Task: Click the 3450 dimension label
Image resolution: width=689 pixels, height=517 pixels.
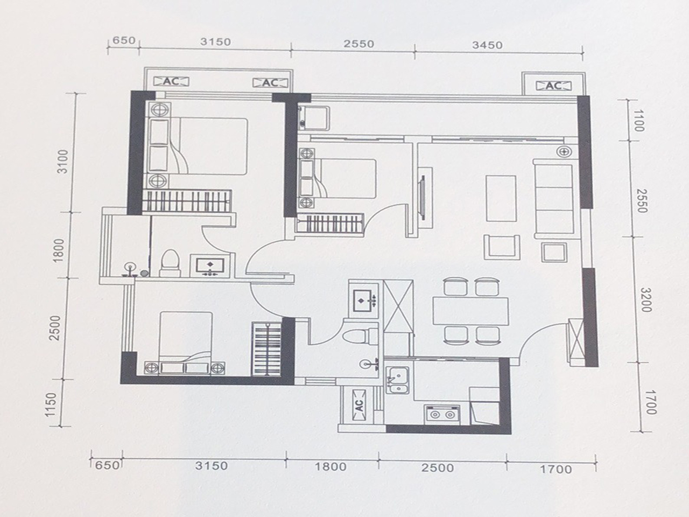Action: [488, 45]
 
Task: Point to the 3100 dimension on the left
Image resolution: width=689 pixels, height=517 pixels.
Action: [64, 161]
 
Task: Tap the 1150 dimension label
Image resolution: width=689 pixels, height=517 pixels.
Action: [52, 404]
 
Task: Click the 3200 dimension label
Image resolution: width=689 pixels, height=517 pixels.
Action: [645, 299]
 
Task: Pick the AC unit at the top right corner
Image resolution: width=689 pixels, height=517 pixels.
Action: [553, 86]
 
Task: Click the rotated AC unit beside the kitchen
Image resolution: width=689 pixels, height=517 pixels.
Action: [359, 404]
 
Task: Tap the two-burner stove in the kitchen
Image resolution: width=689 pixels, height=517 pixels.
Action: [442, 415]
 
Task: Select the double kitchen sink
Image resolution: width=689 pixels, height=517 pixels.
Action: [398, 378]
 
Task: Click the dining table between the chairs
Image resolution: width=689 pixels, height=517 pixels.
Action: [470, 311]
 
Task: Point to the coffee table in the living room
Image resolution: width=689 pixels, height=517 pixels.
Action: [501, 198]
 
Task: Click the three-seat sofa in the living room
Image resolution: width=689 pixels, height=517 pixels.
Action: [553, 198]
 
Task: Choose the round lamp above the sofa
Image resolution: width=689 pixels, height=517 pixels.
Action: [564, 151]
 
